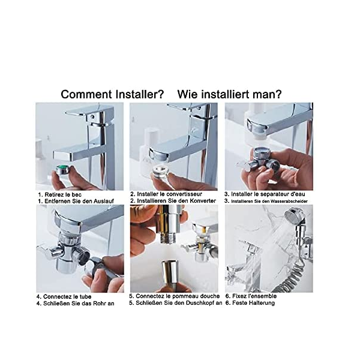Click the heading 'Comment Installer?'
113,94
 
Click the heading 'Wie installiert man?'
229,94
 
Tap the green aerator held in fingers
63,169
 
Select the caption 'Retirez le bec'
63,194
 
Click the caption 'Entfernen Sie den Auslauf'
79,201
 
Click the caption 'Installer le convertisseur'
169,194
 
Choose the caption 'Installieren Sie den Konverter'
176,201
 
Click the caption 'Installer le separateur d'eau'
268,194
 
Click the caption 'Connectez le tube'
67,296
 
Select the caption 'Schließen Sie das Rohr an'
79,303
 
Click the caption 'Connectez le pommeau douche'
178,296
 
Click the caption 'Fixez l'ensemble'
254,296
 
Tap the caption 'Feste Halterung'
253,303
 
